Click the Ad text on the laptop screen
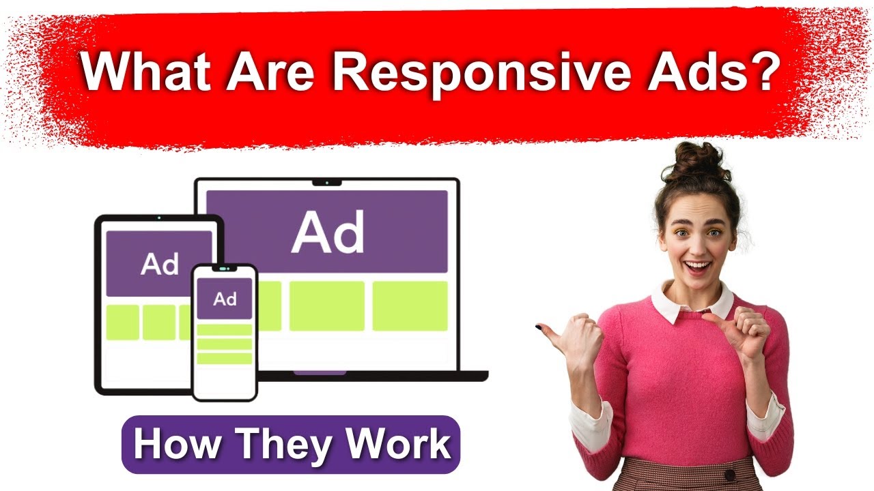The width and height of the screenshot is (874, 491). [328, 231]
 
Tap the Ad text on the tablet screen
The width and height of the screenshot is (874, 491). [160, 264]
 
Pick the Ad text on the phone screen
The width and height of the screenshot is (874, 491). [225, 299]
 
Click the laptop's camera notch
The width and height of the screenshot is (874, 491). [327, 182]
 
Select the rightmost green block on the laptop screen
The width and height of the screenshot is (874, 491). [410, 306]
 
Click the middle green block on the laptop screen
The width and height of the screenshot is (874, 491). [327, 306]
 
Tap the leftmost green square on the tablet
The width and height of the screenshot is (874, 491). [123, 322]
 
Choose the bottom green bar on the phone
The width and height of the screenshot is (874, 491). [225, 359]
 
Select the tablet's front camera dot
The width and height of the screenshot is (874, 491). [159, 218]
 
